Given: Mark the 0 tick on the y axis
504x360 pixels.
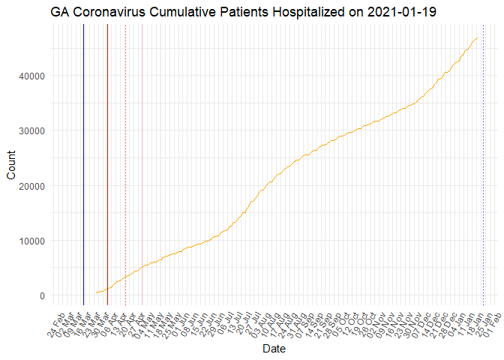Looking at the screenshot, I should coord(42,295).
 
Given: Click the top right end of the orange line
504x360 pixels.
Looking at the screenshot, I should coord(478,37).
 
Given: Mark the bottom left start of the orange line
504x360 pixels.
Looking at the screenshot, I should coord(96,293).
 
